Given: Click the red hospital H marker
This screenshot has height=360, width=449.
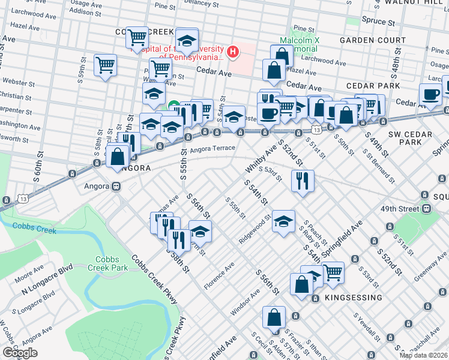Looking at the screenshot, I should point(232,53).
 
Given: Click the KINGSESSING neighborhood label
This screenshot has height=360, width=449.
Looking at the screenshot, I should point(353,298).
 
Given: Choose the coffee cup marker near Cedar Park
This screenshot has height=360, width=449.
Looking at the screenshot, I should point(430,94).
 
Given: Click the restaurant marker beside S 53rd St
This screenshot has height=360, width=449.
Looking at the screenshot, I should point(303,179).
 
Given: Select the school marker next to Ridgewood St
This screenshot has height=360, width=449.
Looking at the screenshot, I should point(283,221).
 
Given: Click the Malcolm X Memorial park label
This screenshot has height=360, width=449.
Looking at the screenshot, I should point(300,44).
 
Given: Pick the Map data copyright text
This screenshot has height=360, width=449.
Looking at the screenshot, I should point(423,355).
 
